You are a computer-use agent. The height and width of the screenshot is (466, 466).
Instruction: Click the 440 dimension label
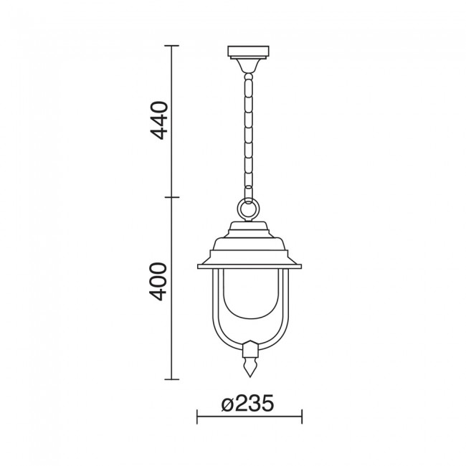(x=159, y=120)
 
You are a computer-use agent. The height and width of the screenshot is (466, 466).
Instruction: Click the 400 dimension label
(x=159, y=282)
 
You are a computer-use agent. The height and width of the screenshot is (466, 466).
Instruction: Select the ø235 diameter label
(x=248, y=404)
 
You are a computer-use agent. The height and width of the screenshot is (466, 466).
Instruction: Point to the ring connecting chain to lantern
(x=247, y=210)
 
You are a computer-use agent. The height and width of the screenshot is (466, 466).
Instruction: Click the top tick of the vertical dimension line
(x=171, y=47)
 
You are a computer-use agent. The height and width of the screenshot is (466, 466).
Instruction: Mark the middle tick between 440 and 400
(x=171, y=197)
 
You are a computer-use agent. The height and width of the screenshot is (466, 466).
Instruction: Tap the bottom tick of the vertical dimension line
(x=171, y=378)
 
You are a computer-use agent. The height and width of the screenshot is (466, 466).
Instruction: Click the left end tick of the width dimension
(x=197, y=416)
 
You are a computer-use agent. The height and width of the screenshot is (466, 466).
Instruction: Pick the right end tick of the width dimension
(x=301, y=416)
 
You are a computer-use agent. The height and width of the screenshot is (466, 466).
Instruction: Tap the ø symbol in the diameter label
(x=227, y=404)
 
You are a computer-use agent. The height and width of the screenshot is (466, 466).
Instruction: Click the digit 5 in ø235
(x=267, y=404)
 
